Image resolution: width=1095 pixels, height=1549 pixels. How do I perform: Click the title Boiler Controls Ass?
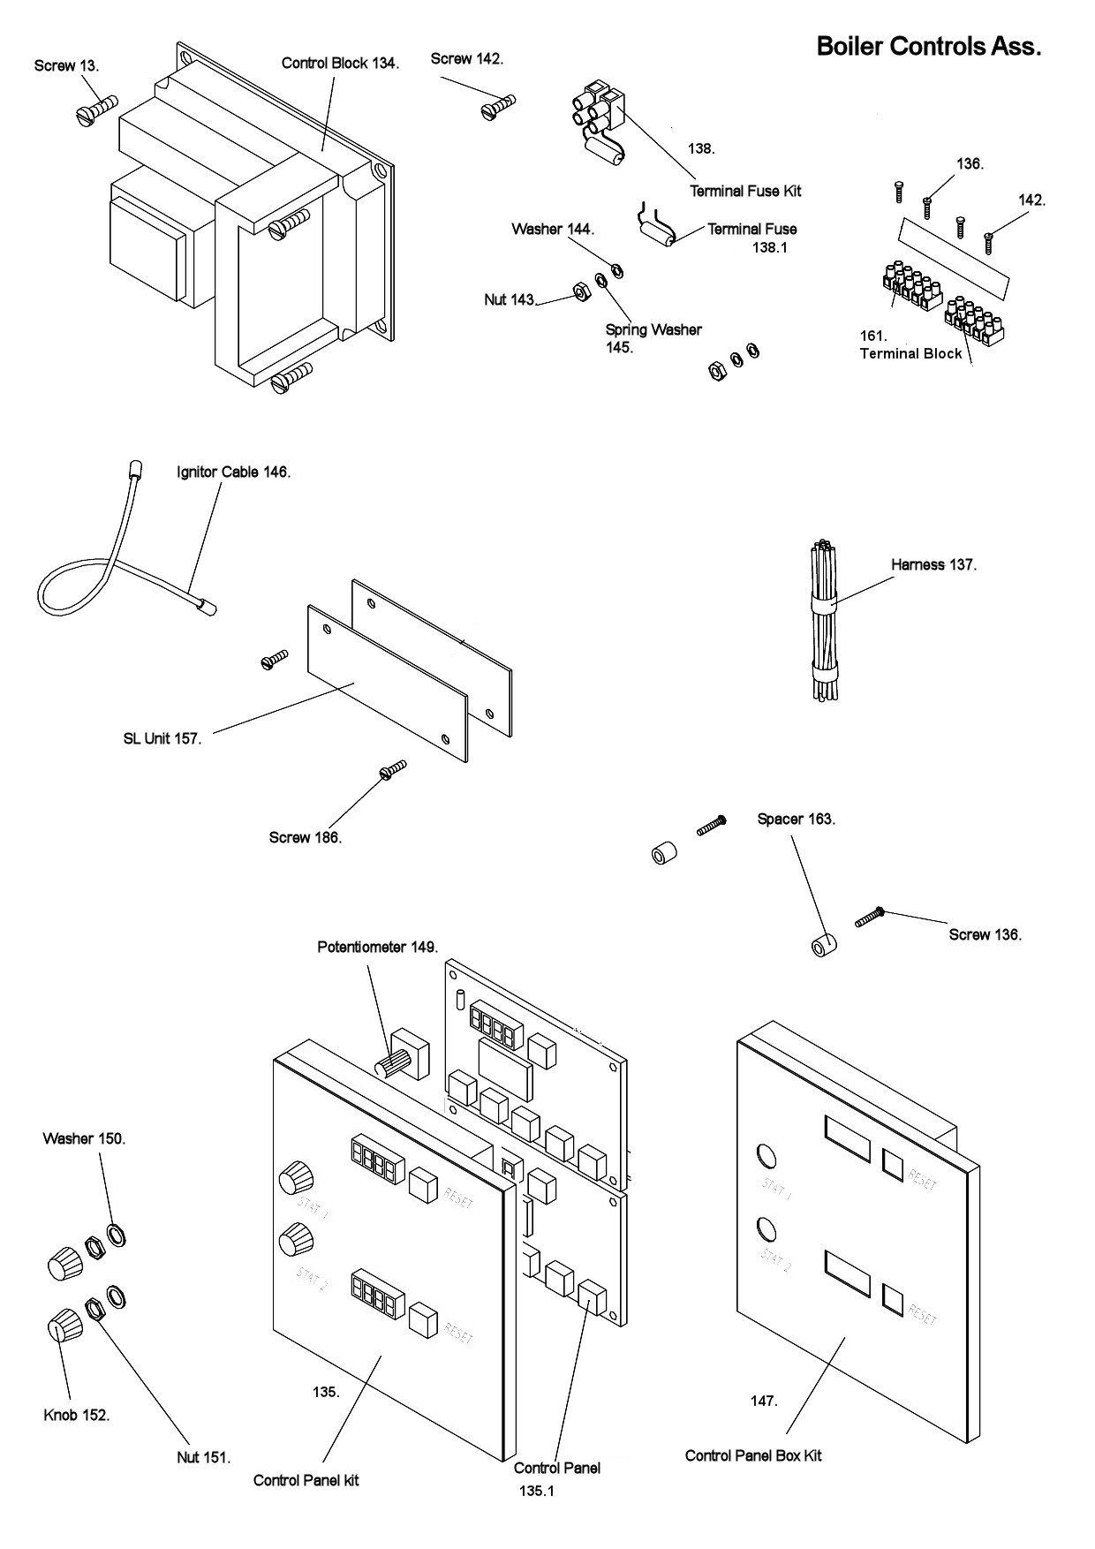(928, 46)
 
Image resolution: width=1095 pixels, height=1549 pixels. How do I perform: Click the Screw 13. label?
(66, 66)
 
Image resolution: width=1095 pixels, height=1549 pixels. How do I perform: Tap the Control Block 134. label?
(340, 63)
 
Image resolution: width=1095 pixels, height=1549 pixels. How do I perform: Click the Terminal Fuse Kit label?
(745, 191)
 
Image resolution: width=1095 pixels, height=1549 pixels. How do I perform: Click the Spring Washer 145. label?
(653, 338)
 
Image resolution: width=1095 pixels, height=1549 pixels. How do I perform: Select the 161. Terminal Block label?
(910, 345)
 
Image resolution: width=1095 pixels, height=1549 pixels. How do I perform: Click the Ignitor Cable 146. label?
(233, 472)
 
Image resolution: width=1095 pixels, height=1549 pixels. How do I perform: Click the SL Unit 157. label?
(162, 738)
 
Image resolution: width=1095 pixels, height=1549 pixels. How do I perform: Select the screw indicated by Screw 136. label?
(870, 918)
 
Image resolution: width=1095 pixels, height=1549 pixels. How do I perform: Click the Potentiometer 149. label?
(377, 947)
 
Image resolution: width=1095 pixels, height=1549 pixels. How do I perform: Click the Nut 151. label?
(203, 1457)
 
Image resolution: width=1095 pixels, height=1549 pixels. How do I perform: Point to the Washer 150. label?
(84, 1138)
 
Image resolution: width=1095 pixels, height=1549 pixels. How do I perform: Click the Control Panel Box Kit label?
(752, 1455)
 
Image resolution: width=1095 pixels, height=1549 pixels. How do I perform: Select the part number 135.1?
(537, 1491)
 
